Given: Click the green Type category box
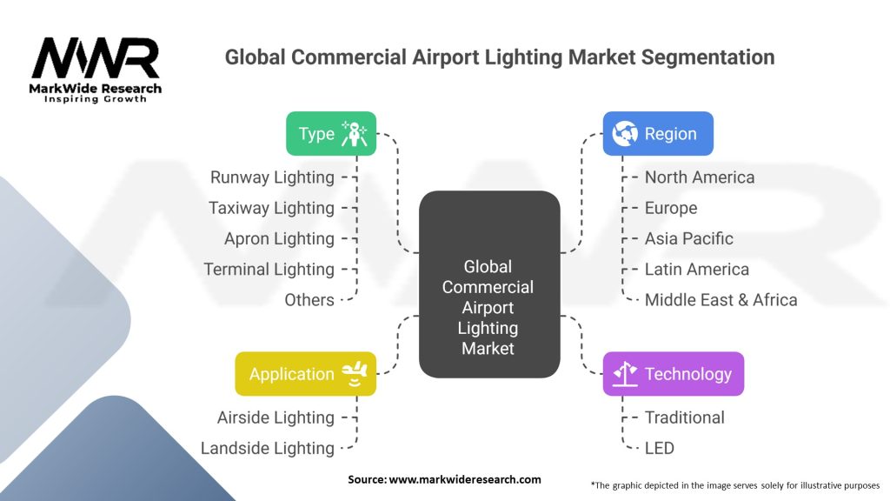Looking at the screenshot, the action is [x=331, y=133].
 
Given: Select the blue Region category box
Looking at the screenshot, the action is [x=658, y=133].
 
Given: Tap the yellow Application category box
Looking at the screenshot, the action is [x=305, y=374].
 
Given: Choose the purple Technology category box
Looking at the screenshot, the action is [x=674, y=374].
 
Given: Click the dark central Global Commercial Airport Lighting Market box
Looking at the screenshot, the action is [x=489, y=284].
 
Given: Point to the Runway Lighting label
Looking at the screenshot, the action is [x=272, y=177].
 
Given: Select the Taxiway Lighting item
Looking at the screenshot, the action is [x=271, y=208].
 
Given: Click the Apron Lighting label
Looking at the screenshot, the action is [x=279, y=238].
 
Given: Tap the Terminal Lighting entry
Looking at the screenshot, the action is [x=269, y=270].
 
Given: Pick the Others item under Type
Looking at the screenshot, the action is [x=309, y=300].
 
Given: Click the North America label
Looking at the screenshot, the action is [x=700, y=177].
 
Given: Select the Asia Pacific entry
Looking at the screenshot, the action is [x=688, y=238].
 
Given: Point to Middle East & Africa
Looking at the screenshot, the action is [x=721, y=300].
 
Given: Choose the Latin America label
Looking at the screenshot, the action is [x=696, y=270].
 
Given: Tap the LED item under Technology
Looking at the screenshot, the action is [x=659, y=448].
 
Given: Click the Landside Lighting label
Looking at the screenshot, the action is [x=268, y=448].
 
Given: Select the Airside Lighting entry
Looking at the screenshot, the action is [x=276, y=417].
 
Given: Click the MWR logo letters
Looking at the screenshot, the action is [x=96, y=58].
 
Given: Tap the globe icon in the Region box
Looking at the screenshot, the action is [x=625, y=133].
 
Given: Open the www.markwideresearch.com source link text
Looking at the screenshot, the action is [x=465, y=479].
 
